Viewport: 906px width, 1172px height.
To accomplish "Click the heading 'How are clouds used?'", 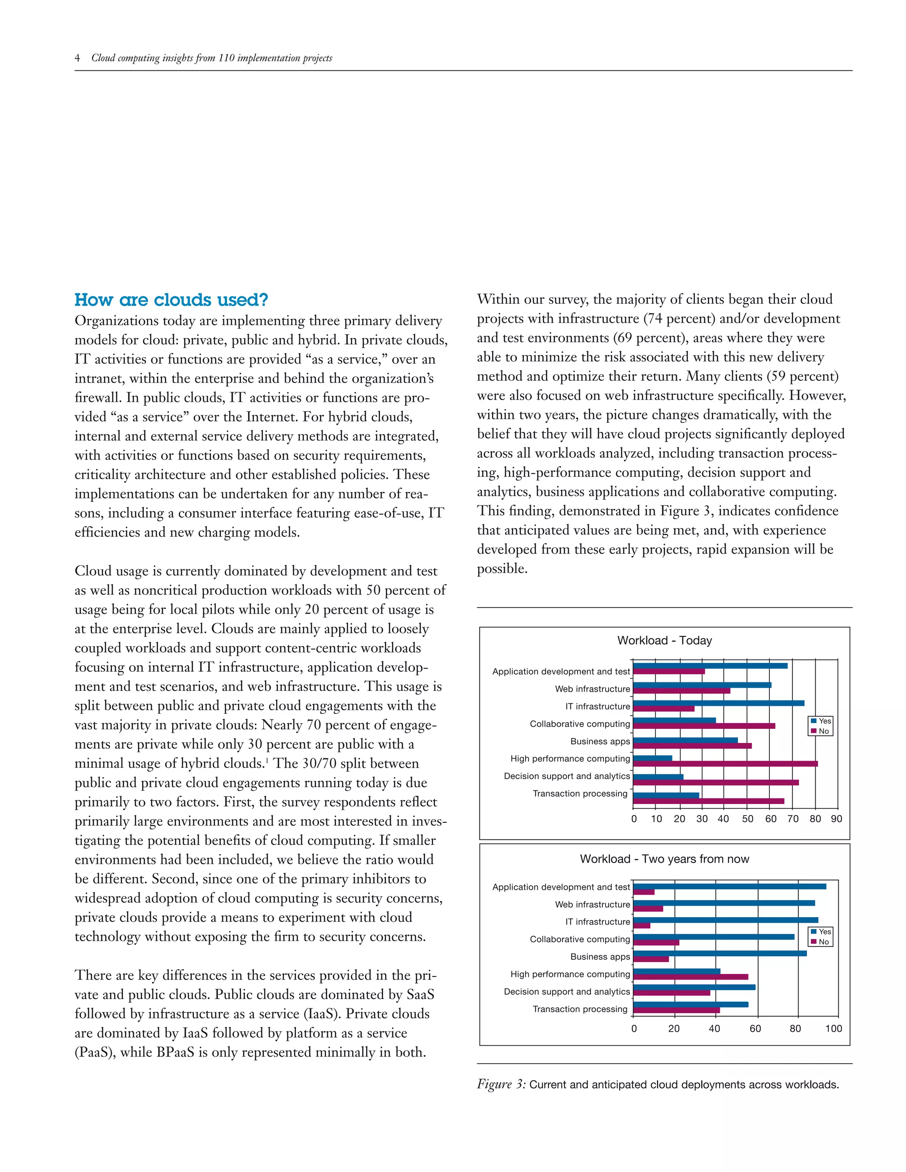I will [171, 299].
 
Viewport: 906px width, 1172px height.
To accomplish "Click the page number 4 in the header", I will [77, 58].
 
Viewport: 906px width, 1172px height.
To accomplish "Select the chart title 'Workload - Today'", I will [664, 640].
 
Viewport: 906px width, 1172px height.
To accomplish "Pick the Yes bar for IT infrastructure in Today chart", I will [718, 703].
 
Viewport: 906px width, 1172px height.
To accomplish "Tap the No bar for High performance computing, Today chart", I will [725, 764].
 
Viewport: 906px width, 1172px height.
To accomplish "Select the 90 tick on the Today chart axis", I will [836, 819].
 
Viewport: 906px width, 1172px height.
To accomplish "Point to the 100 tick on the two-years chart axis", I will [833, 1028].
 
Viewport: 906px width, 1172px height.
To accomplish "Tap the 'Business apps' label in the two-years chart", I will [599, 956].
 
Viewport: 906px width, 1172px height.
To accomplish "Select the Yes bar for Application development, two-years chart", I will [729, 886].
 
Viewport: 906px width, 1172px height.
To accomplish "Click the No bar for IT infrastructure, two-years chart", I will [641, 925].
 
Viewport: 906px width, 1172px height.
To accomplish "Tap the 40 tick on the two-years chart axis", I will [714, 1028].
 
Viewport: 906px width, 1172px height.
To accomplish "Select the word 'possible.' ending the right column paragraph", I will [502, 568].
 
